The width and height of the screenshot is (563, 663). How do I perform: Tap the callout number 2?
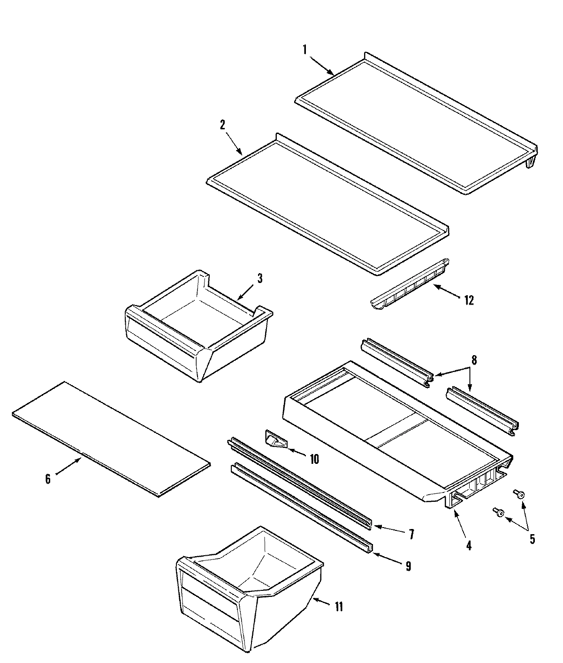point(222,125)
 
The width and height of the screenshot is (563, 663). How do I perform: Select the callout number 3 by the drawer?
point(259,278)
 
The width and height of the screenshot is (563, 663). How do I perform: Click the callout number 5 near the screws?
point(532,539)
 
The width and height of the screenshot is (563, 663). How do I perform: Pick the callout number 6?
point(48,479)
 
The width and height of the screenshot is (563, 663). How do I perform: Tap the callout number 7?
point(411,534)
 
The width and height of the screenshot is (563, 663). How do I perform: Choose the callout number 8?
point(474,360)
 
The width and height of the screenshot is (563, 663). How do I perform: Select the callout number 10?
point(314,459)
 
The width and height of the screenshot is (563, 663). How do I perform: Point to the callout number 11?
point(338,607)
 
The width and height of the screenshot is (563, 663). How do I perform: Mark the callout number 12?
point(469,300)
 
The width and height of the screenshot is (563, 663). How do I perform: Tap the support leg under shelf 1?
point(531,162)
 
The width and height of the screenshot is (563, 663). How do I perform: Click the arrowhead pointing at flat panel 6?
point(80,460)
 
